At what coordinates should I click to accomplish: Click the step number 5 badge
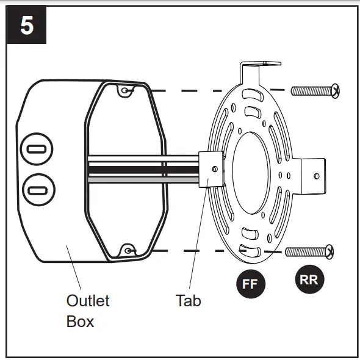coord(27,25)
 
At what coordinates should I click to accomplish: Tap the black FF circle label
coord(251,284)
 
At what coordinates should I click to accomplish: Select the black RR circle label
coord(309,279)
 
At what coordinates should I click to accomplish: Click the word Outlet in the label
coord(88,301)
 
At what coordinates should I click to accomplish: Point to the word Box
coord(80,322)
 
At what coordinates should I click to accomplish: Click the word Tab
coord(189,301)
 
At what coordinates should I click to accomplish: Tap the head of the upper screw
coord(336,91)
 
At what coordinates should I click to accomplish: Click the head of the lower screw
coord(330,252)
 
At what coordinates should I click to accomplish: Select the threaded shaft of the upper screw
coord(312,91)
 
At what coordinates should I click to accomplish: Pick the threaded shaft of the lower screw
coord(306,252)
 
